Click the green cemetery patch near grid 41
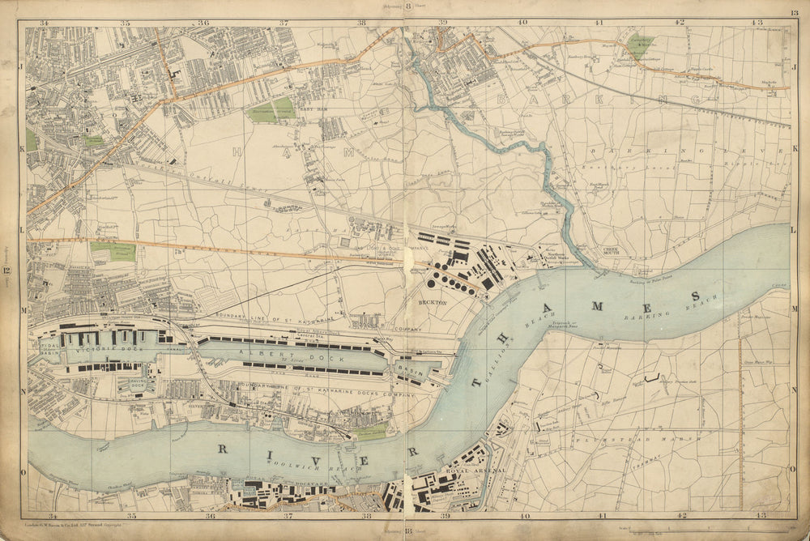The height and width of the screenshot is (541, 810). tap(640, 45)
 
